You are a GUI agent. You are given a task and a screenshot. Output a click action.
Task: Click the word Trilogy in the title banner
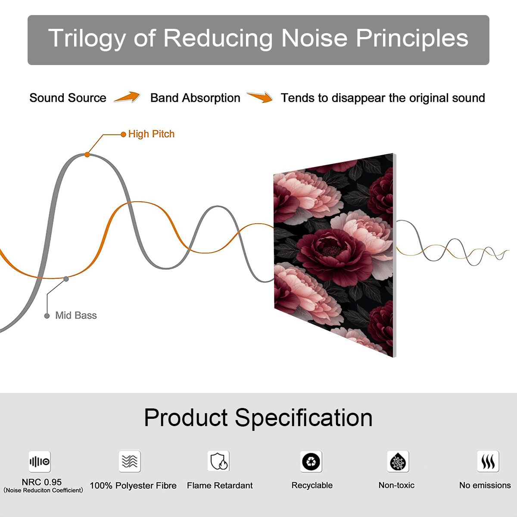pyautogui.click(x=87, y=39)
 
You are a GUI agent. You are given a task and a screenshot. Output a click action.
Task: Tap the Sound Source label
pyautogui.click(x=68, y=98)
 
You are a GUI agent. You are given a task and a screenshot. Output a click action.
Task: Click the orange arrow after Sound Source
pyautogui.click(x=127, y=97)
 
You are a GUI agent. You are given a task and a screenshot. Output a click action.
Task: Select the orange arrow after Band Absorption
pyautogui.click(x=260, y=97)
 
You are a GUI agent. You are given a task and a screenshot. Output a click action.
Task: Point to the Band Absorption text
pyautogui.click(x=195, y=98)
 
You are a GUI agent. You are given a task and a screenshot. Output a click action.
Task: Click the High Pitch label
pyautogui.click(x=151, y=134)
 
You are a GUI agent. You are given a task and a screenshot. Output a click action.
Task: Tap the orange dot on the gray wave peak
pyautogui.click(x=87, y=155)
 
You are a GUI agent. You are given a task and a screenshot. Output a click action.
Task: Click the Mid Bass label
pyautogui.click(x=76, y=315)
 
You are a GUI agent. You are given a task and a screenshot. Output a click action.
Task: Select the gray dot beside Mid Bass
pyautogui.click(x=47, y=316)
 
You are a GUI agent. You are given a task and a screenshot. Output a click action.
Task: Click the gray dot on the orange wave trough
pyautogui.click(x=66, y=279)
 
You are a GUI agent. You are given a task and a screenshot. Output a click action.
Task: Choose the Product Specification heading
pyautogui.click(x=258, y=418)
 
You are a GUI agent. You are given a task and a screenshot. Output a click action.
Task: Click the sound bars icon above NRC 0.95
pyautogui.click(x=40, y=461)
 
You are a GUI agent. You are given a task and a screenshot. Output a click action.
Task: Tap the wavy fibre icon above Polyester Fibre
pyautogui.click(x=130, y=461)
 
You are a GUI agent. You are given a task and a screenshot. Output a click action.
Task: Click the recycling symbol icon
pyautogui.click(x=311, y=461)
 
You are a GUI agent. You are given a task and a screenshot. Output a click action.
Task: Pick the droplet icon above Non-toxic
pyautogui.click(x=398, y=461)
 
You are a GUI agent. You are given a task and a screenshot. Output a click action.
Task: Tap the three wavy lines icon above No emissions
pyautogui.click(x=488, y=461)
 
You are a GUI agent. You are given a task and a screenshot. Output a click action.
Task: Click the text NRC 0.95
pyautogui.click(x=42, y=482)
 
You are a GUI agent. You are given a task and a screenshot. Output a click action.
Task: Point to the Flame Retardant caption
pyautogui.click(x=220, y=486)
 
